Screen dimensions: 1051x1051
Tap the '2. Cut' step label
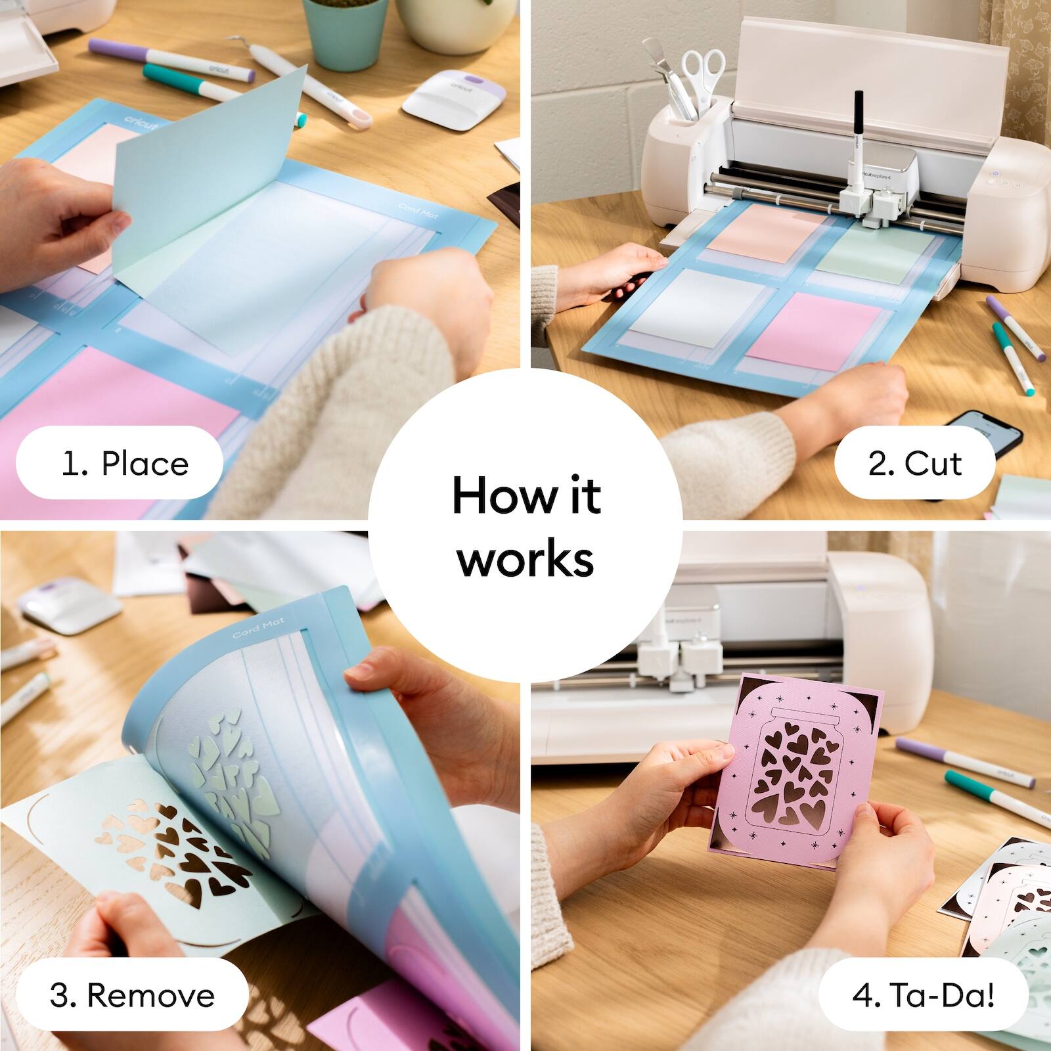[914, 464]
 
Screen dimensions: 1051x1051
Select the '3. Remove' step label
[132, 995]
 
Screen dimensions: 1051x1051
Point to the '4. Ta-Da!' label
[923, 995]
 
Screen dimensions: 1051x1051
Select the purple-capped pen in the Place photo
[171, 60]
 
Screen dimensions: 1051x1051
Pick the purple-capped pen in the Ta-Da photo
[965, 762]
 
